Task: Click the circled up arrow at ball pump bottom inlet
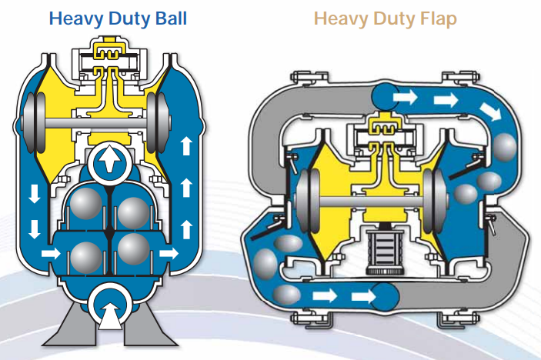109,311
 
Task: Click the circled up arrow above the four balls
109,162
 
